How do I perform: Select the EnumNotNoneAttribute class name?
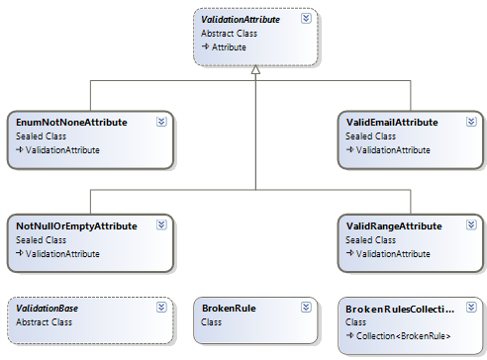[72, 122]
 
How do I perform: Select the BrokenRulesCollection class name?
[401, 308]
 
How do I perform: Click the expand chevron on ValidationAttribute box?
[307, 17]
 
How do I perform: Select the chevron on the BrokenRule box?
[307, 308]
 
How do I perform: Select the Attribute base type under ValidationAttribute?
[230, 46]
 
